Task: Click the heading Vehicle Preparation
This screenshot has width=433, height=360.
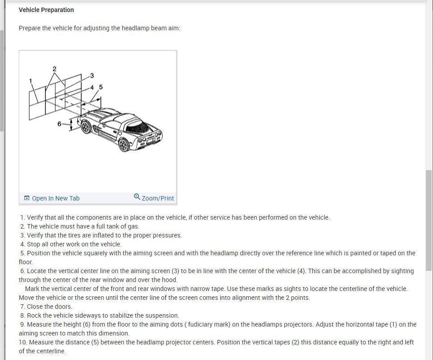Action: [x=46, y=10]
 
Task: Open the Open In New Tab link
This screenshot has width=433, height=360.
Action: [x=55, y=198]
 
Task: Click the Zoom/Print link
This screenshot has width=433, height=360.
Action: [x=157, y=198]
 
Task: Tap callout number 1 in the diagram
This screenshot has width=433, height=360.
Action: [x=31, y=81]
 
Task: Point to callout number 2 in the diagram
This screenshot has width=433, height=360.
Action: [x=54, y=69]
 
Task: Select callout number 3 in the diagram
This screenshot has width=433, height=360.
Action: [x=92, y=75]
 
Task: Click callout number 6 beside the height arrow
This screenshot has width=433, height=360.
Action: [x=59, y=124]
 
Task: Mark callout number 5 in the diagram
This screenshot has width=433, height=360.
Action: [x=101, y=87]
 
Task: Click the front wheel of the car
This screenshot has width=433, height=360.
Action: [x=86, y=127]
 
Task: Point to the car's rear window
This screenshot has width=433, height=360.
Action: [x=136, y=129]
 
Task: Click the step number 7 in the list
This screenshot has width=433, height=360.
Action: [x=22, y=307]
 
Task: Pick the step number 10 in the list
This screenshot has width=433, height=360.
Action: [x=22, y=342]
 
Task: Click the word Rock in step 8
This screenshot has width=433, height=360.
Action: [x=34, y=315]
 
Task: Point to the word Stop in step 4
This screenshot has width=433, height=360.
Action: [x=34, y=244]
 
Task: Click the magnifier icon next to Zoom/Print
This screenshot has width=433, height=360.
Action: [x=137, y=197]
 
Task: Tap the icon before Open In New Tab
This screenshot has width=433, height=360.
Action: [x=27, y=198]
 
